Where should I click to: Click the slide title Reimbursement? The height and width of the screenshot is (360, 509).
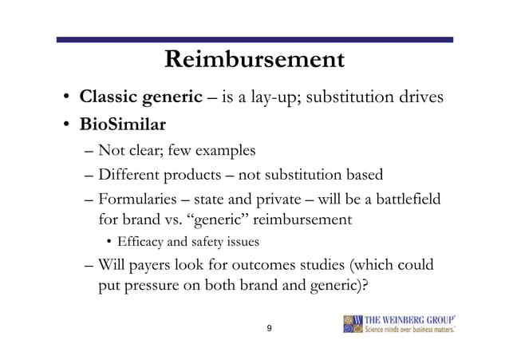[254, 60]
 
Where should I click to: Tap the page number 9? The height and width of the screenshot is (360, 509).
[269, 329]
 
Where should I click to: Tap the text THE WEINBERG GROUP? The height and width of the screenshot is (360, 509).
[408, 318]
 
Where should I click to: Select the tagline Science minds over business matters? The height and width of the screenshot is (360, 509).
[408, 330]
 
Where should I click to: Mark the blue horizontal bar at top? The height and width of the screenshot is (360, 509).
[254, 39]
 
